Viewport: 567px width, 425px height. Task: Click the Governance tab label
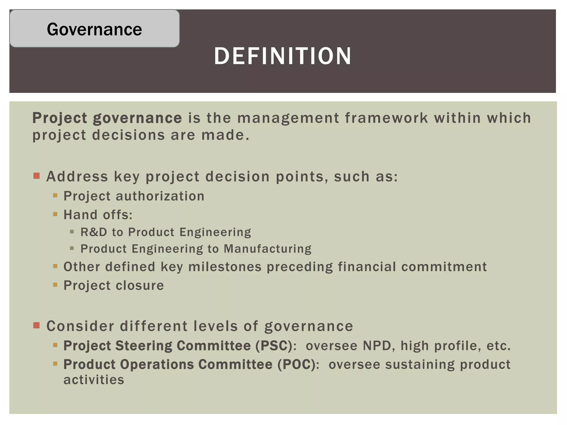coord(94,29)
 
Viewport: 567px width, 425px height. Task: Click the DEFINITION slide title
coord(282,56)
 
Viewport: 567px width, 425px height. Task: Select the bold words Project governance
coord(107,118)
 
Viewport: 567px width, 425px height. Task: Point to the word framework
coord(386,118)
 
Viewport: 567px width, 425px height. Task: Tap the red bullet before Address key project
coord(37,176)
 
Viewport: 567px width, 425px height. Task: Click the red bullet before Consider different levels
coord(37,325)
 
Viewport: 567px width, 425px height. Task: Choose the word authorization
coord(160,196)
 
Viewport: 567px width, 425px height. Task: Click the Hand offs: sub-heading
coord(98,215)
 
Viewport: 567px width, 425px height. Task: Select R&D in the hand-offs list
coord(94,232)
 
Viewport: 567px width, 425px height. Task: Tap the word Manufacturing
coord(267,249)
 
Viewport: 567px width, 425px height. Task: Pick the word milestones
coord(225,267)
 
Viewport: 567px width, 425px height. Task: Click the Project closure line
coord(114,285)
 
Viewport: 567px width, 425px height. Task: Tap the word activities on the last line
coord(94,380)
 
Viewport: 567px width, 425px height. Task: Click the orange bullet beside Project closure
coord(55,284)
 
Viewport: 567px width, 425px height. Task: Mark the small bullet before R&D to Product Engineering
coord(72,232)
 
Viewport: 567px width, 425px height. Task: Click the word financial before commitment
coord(367,267)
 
